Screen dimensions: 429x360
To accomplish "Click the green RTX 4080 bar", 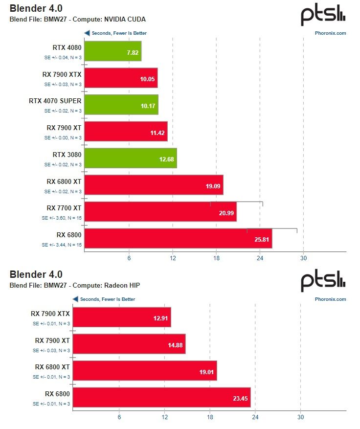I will click(112, 51).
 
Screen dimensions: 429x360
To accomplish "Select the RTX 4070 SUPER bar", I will click(121, 104).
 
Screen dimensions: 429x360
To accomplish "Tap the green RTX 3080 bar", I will click(130, 158).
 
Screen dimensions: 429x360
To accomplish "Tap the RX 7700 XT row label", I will click(64, 208).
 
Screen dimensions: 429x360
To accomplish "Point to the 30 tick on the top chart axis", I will click(303, 258).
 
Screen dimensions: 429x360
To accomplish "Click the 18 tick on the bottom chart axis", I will click(210, 417).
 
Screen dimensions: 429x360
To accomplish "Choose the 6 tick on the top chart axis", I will click(129, 258).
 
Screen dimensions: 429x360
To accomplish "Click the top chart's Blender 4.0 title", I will click(36, 8).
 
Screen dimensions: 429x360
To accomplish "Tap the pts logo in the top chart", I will click(323, 16).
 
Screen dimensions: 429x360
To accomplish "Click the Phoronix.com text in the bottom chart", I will click(330, 299).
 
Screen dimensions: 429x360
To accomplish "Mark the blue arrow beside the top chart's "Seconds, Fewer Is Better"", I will click(87, 33).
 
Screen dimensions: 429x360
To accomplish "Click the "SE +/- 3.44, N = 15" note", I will click(62, 245).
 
